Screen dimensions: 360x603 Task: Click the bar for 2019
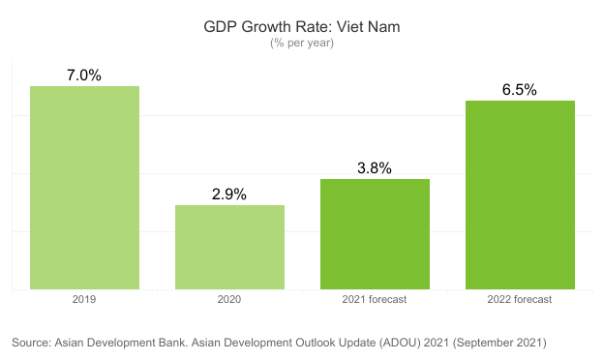pyautogui.click(x=84, y=188)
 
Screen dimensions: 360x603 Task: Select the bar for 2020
pyautogui.click(x=229, y=247)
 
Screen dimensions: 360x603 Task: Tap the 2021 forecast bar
pyautogui.click(x=375, y=234)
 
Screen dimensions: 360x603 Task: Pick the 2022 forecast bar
pyautogui.click(x=520, y=195)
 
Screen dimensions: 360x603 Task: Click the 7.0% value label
pyautogui.click(x=84, y=75)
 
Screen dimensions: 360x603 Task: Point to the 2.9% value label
pyautogui.click(x=229, y=194)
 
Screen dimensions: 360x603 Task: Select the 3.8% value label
pyautogui.click(x=375, y=167)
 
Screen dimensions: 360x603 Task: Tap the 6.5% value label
pyautogui.click(x=520, y=89)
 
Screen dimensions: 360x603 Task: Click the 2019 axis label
pyautogui.click(x=84, y=300)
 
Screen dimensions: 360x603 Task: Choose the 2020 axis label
pyautogui.click(x=229, y=300)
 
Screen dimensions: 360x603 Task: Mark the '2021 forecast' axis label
pyautogui.click(x=375, y=300)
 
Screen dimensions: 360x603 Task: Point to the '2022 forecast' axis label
pyautogui.click(x=520, y=300)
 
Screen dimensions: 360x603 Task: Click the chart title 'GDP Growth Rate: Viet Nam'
pyautogui.click(x=301, y=27)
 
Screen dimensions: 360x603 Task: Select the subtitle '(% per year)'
pyautogui.click(x=301, y=43)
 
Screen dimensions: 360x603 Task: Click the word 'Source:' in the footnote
pyautogui.click(x=32, y=343)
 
